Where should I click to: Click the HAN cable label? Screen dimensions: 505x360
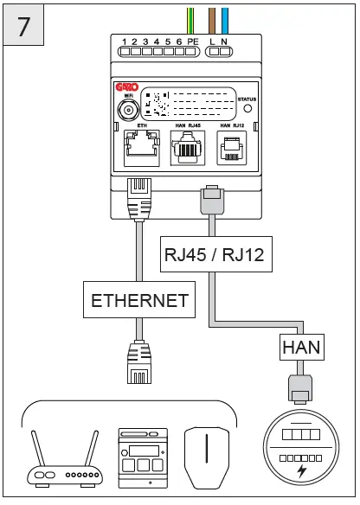pos(299,348)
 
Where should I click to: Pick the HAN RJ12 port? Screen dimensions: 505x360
pos(229,149)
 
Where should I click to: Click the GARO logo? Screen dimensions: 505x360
pos(127,87)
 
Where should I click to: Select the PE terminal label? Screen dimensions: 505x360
pos(192,42)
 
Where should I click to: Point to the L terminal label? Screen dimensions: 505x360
pos(213,42)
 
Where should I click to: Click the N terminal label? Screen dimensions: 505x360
pos(225,42)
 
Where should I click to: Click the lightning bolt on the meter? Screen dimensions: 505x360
pos(300,471)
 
